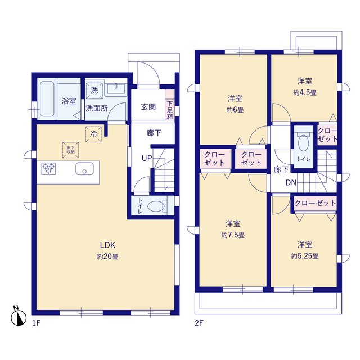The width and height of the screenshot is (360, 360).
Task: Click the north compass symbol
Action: coord(19,316)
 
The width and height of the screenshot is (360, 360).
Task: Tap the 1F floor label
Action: coord(36,323)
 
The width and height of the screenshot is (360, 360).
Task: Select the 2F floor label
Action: coord(199,323)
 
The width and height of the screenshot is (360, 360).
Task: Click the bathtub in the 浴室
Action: coord(47,99)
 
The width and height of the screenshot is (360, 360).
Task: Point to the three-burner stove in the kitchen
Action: coord(49,169)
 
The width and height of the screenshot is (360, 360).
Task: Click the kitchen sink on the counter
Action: coord(84,169)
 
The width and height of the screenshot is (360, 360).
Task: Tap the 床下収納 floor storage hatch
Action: coord(70,150)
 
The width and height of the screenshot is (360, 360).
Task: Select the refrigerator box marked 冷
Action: coord(93,134)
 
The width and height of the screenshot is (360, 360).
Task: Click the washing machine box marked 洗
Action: coord(94,91)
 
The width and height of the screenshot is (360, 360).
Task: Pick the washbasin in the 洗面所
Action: coord(116,88)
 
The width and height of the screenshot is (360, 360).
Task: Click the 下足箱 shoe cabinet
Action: coord(170,105)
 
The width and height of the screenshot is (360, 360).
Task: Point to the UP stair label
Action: coord(147,158)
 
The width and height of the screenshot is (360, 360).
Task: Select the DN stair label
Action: coord(291,182)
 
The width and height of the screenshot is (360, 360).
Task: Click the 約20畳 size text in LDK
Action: coord(107,256)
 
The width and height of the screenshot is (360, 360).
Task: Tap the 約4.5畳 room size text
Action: coord(305,93)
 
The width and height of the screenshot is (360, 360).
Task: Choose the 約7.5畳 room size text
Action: coord(233,235)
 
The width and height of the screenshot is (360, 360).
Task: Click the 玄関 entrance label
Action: coord(148,107)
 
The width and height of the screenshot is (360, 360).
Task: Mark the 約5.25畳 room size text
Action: coord(305,256)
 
